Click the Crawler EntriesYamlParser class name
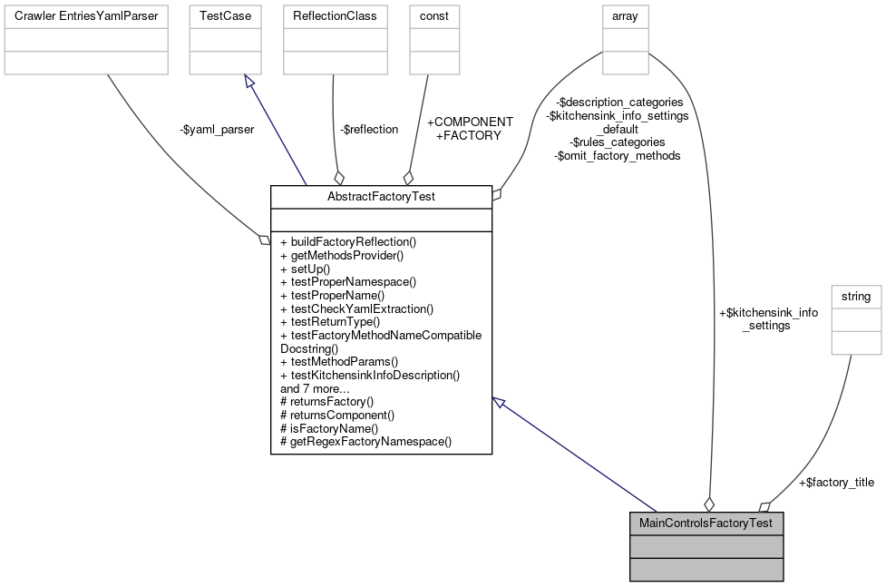[x=86, y=16]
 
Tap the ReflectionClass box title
[x=335, y=16]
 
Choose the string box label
[x=855, y=297]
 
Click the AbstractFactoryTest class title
[x=381, y=197]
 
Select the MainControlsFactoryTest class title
[x=706, y=523]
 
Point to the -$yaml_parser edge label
[x=217, y=130]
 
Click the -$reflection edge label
[x=369, y=130]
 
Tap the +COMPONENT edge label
[x=470, y=122]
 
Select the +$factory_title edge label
[x=836, y=483]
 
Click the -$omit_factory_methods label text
[x=617, y=156]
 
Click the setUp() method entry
[x=306, y=269]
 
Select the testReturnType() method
[x=330, y=321]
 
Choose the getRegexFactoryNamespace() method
[x=366, y=442]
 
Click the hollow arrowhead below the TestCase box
[x=249, y=81]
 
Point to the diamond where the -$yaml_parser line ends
[x=265, y=240]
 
